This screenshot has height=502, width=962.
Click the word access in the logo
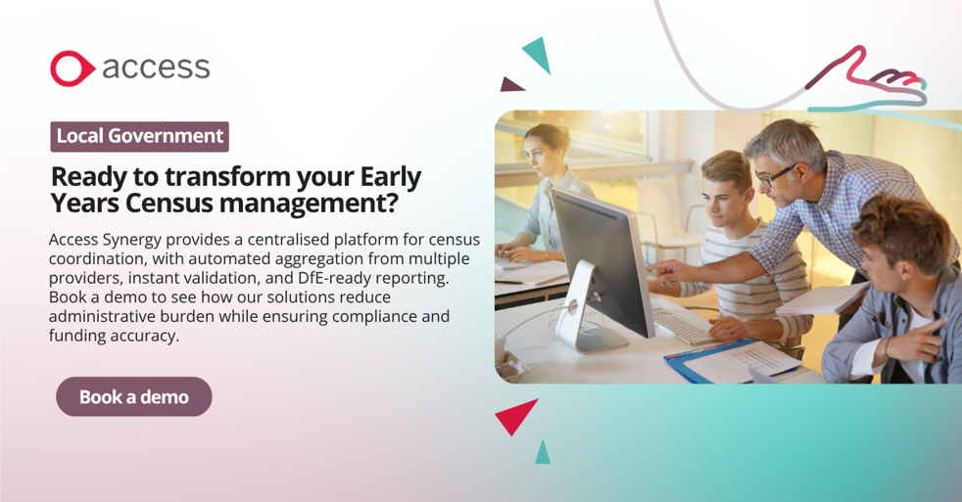coord(156,68)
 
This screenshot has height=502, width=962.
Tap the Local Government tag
coord(140,136)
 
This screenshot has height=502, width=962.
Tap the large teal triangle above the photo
coord(538,55)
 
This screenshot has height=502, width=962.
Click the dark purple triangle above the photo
coord(510,84)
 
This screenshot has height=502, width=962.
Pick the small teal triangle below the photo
coord(543,453)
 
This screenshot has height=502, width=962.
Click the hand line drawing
coord(871,79)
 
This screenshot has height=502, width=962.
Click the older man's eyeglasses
coord(774,176)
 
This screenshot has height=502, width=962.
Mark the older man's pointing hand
coord(666,270)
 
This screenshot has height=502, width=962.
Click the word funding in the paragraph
coord(76,336)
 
